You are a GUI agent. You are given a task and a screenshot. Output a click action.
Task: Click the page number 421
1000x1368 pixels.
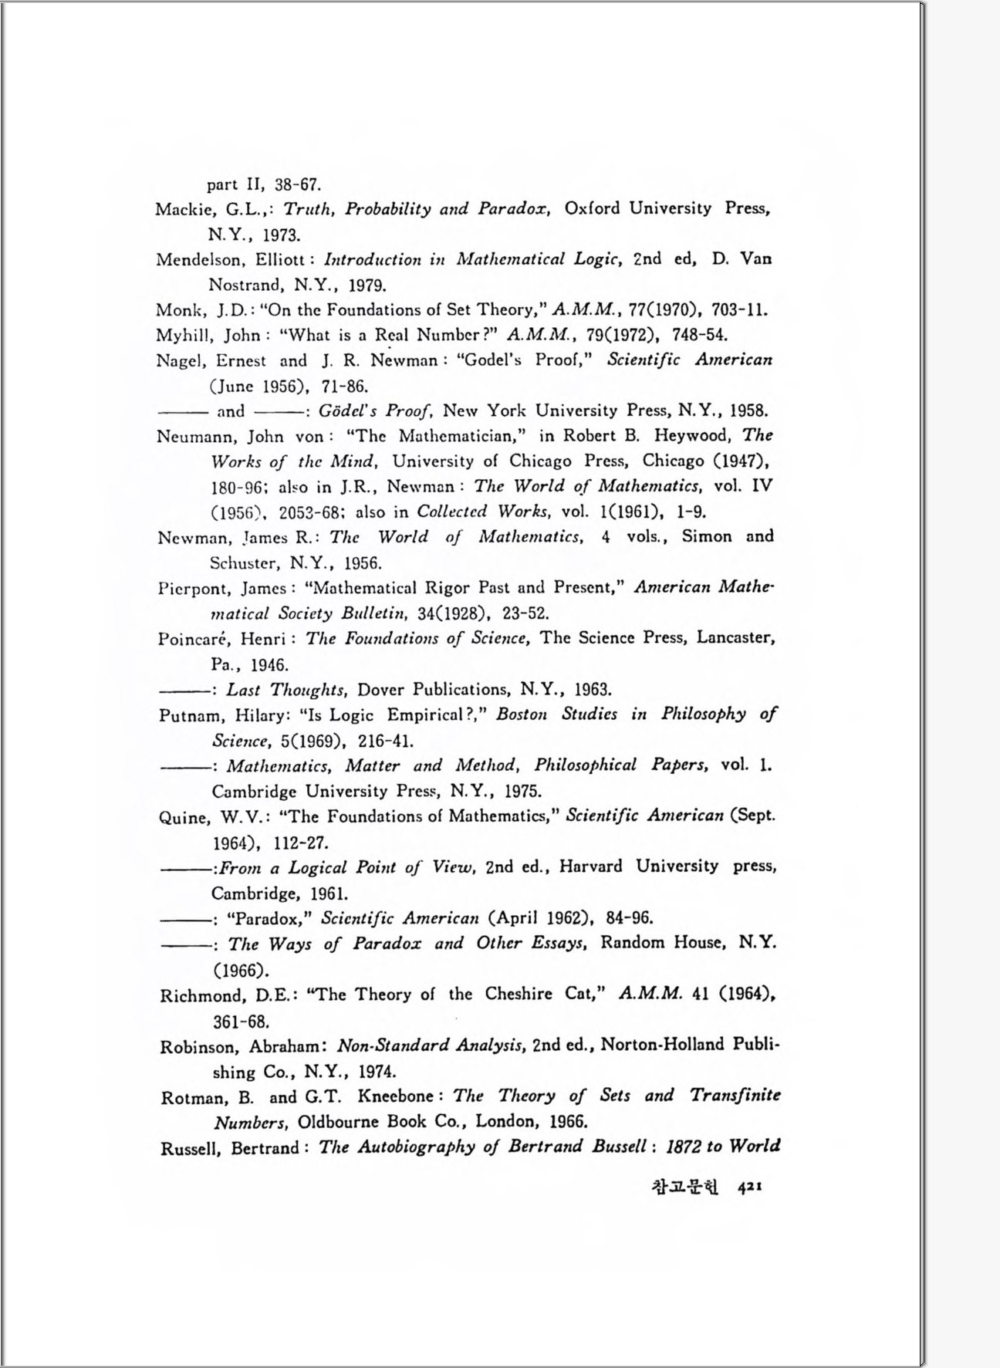(x=749, y=1188)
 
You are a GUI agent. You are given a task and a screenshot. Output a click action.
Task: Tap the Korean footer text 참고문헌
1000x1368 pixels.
(x=684, y=1188)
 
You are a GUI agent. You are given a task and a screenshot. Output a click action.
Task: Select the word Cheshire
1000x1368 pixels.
(x=519, y=994)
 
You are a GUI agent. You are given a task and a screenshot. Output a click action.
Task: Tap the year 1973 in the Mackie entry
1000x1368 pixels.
(x=282, y=235)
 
